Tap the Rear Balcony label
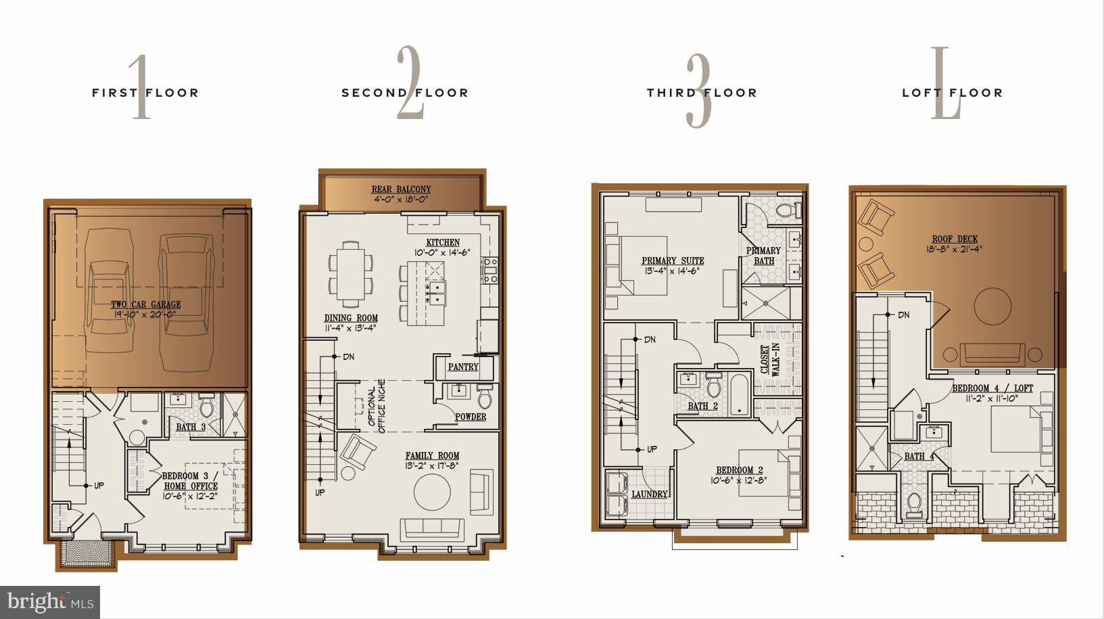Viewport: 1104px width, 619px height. click(401, 189)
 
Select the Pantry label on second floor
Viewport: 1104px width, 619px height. click(463, 367)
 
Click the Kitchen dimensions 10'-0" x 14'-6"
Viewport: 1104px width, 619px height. click(442, 252)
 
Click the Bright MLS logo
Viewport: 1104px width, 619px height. click(50, 601)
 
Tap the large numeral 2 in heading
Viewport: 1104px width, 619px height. click(410, 85)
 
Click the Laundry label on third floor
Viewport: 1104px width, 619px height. click(649, 495)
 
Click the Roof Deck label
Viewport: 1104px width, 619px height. click(955, 239)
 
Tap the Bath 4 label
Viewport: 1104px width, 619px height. click(919, 457)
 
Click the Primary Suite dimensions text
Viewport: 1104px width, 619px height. click(673, 271)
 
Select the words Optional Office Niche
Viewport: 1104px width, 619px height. click(377, 406)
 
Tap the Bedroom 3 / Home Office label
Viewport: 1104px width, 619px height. click(190, 480)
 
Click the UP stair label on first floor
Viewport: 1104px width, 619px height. click(99, 485)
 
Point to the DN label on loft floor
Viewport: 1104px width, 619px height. click(903, 315)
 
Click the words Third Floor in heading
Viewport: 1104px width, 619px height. click(701, 93)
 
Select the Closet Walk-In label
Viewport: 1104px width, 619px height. click(770, 359)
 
